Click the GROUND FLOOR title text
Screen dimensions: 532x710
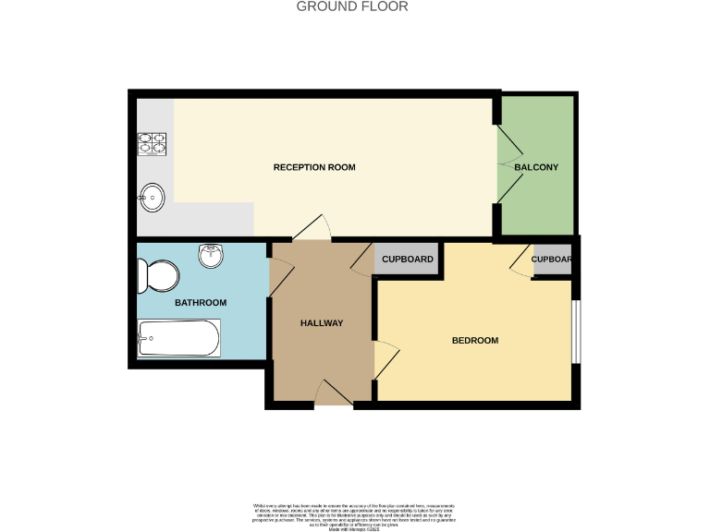351,6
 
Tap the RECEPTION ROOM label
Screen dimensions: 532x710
314,167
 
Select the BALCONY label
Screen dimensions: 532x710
536,167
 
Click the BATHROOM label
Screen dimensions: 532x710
201,303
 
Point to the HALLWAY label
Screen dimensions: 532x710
322,323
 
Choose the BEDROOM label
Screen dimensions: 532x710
474,341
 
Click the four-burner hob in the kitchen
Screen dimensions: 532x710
153,143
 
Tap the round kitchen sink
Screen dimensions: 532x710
152,196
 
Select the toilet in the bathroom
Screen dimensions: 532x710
157,274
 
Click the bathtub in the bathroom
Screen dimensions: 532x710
179,339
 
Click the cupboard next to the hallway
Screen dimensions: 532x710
408,260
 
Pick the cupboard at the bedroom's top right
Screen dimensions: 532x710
552,260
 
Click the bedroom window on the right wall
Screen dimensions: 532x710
575,332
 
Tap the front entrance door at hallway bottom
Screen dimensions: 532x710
334,394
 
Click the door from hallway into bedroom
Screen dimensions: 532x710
386,360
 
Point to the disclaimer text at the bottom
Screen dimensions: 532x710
354,514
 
